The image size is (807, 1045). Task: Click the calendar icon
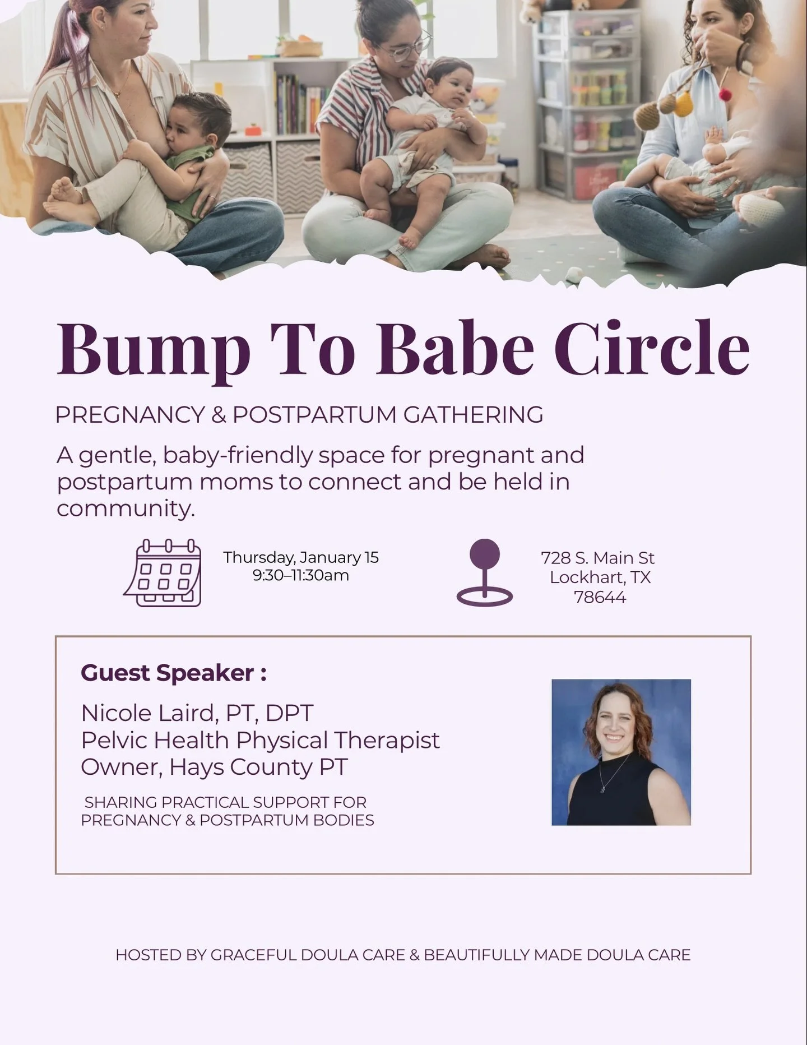(163, 572)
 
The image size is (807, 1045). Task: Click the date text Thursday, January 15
(301, 557)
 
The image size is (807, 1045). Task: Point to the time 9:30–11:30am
(301, 575)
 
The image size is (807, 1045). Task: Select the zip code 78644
(600, 597)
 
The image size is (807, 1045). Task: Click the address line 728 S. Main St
(597, 558)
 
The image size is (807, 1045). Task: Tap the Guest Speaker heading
(173, 673)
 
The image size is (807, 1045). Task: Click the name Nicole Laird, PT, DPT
(197, 713)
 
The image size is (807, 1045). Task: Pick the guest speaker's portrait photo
(621, 752)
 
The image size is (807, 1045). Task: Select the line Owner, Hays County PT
(214, 767)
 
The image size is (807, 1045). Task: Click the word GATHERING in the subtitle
(473, 415)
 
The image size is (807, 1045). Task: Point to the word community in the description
(125, 508)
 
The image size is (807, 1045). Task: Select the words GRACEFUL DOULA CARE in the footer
(307, 955)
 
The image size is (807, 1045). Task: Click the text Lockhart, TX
(600, 577)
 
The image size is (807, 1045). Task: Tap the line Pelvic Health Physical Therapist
(260, 740)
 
